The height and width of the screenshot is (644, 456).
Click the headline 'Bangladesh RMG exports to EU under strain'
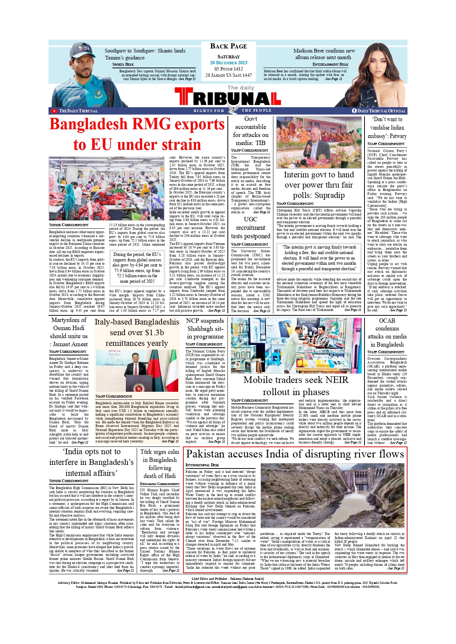coord(137,134)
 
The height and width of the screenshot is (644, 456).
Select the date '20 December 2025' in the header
coord(229,63)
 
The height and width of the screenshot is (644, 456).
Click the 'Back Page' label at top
coord(229,46)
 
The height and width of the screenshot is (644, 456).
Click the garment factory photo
coord(107,188)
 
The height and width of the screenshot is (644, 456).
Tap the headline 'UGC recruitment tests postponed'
coord(251,228)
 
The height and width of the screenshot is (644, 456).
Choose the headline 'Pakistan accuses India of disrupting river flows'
coord(295,454)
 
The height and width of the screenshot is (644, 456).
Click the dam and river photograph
coord(333,496)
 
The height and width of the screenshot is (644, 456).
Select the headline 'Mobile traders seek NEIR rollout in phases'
coord(296,386)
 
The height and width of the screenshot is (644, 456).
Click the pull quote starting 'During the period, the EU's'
coord(137,268)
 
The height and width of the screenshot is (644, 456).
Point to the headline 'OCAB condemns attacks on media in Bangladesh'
coord(387,333)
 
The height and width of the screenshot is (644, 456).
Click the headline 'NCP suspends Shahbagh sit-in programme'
coord(205,329)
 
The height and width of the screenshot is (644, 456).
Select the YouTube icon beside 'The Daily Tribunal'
coord(54,111)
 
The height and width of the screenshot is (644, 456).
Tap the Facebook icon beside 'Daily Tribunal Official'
coord(354,111)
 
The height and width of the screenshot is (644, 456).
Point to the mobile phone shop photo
coord(296,345)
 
